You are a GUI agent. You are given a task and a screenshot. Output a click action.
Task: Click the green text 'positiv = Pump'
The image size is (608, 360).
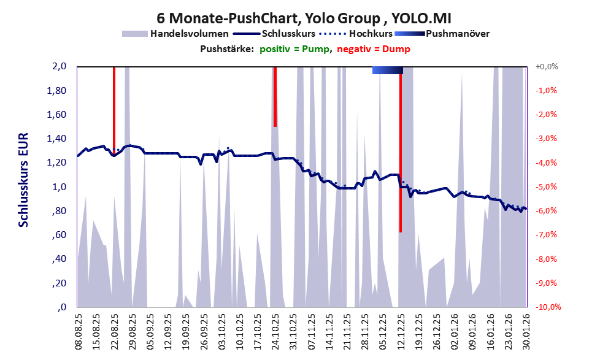pos(294,49)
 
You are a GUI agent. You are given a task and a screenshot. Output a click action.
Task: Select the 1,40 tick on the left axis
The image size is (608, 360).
pos(56,139)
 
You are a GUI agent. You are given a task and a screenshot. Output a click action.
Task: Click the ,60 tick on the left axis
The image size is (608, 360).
pos(58,236)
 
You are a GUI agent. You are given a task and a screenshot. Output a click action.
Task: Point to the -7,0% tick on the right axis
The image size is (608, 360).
pos(546,235)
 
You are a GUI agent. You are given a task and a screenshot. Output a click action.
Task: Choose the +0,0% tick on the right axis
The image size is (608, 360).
pos(545,67)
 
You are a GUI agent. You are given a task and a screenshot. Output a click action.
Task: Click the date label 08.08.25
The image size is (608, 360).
pos(78,332)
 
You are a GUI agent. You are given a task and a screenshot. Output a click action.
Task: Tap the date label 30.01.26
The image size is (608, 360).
pos(526,332)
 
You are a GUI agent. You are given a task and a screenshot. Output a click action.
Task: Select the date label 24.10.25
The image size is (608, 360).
pos(275,332)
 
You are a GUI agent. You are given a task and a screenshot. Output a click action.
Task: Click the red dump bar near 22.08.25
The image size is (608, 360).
pos(114,107)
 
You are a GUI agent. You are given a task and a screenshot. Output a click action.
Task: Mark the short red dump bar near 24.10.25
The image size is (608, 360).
pos(275,96)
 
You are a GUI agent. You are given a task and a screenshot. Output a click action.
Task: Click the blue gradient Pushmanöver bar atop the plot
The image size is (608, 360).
pos(387,71)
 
